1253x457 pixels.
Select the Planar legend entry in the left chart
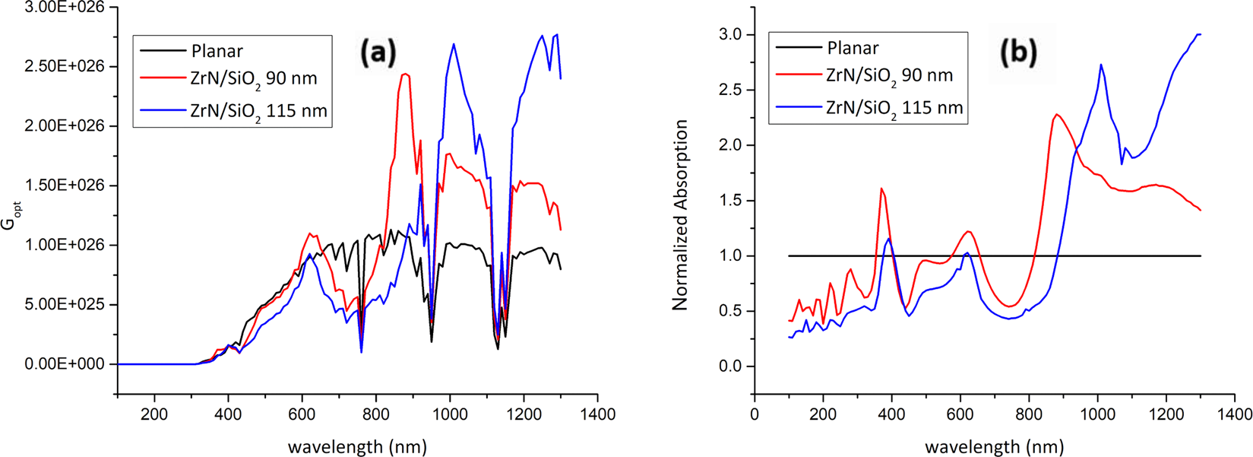[217, 51]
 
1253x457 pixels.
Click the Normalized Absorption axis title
[680, 214]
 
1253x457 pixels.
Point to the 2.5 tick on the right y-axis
[730, 90]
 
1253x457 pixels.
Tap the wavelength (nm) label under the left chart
[357, 446]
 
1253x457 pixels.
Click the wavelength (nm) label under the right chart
[994, 446]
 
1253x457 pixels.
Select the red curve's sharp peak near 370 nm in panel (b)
[881, 188]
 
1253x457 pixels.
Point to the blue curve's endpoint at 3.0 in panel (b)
[1199, 34]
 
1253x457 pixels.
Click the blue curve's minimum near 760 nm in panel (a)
[361, 352]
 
